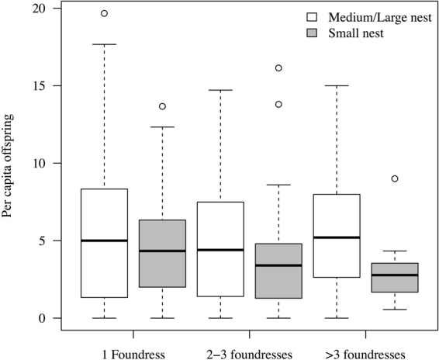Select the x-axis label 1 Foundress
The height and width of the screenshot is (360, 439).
click(x=133, y=355)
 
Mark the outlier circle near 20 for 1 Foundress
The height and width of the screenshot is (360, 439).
click(x=104, y=13)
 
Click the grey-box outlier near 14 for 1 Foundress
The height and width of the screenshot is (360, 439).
click(x=162, y=106)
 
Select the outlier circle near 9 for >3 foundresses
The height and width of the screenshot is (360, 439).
click(x=395, y=178)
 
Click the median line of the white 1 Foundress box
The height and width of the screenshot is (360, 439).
click(x=104, y=241)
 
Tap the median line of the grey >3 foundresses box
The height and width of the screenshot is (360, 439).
click(x=395, y=275)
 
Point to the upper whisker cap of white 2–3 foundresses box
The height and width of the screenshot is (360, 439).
click(x=220, y=91)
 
